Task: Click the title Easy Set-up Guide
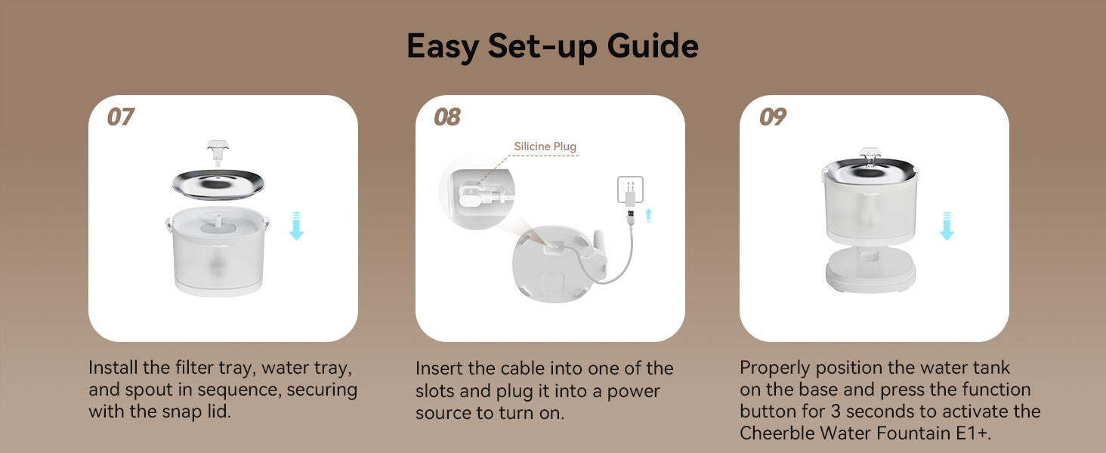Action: click(x=552, y=47)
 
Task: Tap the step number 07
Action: click(x=120, y=117)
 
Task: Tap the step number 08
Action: click(x=447, y=117)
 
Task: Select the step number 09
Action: click(x=772, y=117)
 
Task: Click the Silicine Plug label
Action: click(x=545, y=146)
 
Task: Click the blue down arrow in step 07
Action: click(x=296, y=226)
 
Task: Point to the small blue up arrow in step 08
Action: click(x=647, y=215)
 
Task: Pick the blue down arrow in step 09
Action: click(x=946, y=226)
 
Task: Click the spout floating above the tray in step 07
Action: click(x=217, y=151)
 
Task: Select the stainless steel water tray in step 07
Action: click(x=218, y=183)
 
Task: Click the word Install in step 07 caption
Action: click(x=113, y=368)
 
